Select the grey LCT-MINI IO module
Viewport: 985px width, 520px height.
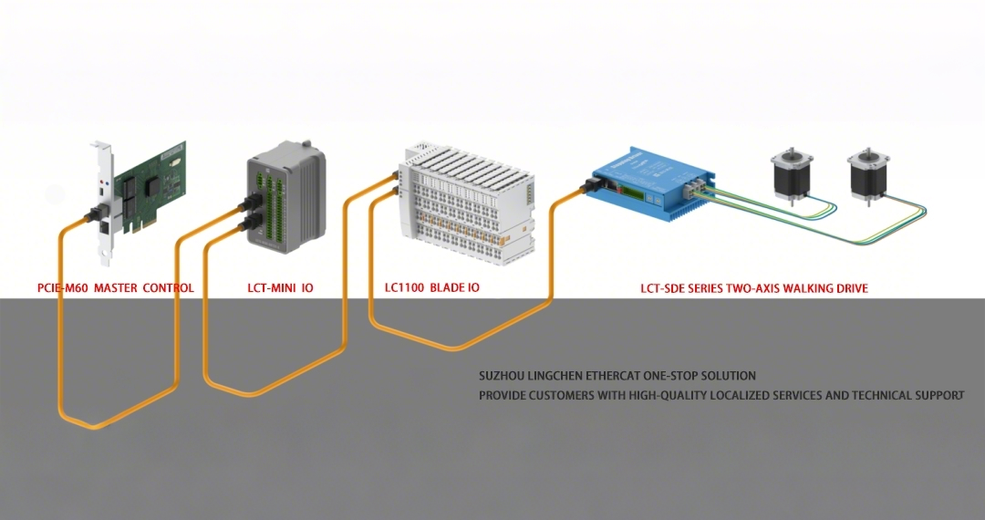(x=287, y=196)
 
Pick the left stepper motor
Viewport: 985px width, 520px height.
(x=788, y=172)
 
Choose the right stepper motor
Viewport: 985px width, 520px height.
(x=866, y=172)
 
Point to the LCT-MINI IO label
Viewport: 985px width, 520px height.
(x=280, y=288)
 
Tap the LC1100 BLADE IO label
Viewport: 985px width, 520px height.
(x=432, y=288)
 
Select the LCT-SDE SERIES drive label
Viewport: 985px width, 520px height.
(x=754, y=288)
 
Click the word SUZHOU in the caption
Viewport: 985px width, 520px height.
(x=501, y=376)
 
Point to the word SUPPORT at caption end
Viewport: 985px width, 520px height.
(x=939, y=396)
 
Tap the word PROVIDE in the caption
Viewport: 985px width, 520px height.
(x=503, y=396)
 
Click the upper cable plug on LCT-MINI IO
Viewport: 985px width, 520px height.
(x=246, y=204)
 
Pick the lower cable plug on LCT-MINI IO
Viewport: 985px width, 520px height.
(x=246, y=224)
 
